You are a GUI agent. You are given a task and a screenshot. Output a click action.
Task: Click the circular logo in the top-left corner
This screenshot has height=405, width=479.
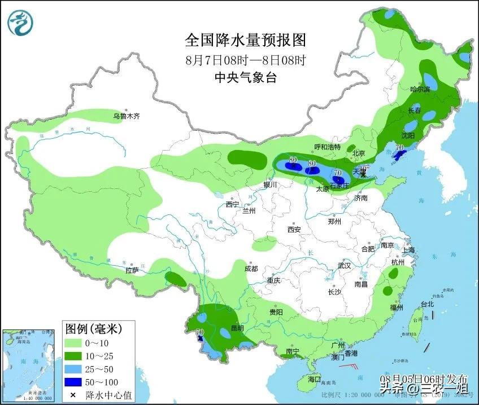click(20, 23)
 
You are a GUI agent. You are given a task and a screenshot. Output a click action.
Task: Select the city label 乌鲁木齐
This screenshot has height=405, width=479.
click(125, 116)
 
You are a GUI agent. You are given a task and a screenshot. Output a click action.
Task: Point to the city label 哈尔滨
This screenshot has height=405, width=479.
click(420, 89)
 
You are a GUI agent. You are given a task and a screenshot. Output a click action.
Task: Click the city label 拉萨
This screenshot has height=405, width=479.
click(132, 270)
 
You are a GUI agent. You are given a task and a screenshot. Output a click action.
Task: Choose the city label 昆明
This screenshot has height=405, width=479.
click(237, 328)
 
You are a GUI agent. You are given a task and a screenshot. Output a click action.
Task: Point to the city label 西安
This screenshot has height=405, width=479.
click(294, 230)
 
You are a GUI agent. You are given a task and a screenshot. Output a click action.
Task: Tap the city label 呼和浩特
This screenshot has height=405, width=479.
click(328, 147)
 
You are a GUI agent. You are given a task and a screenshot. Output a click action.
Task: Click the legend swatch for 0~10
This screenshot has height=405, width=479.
click(74, 344)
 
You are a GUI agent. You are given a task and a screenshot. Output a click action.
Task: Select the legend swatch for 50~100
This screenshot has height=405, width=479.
click(74, 381)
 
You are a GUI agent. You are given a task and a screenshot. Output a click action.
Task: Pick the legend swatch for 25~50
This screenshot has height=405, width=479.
click(74, 369)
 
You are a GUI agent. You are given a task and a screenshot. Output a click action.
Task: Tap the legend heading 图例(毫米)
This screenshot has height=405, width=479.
click(93, 328)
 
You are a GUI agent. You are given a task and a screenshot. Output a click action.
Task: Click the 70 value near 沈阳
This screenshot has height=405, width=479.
click(399, 148)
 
